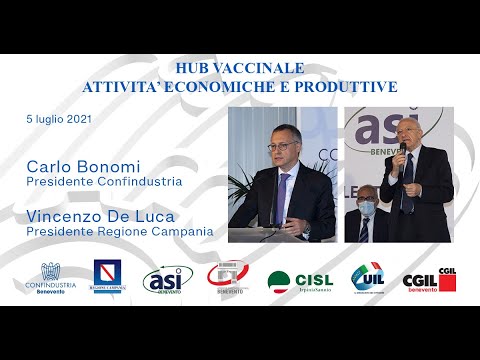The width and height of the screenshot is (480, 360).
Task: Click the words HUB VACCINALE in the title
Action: [239, 69]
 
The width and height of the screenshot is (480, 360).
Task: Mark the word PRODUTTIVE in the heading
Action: [353, 86]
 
